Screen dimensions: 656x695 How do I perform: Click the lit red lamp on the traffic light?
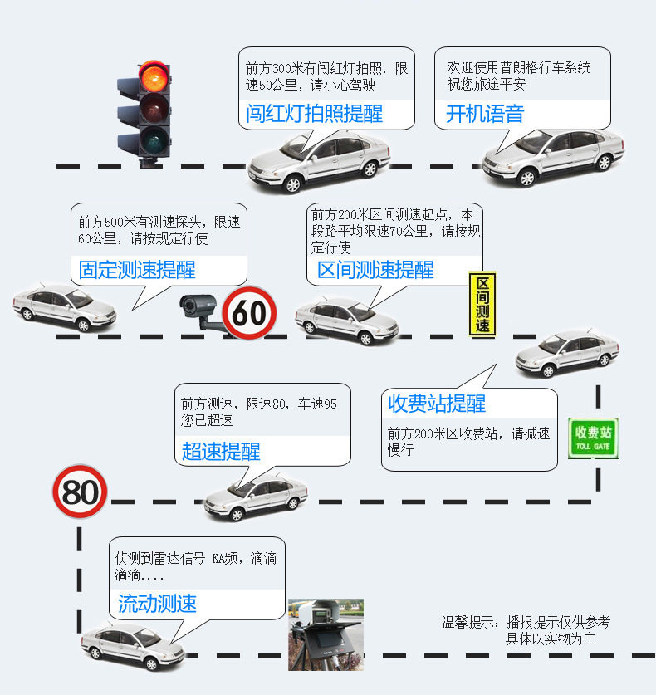(x=154, y=76)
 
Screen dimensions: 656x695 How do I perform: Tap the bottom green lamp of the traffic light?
(x=154, y=140)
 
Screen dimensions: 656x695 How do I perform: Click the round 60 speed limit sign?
(x=250, y=313)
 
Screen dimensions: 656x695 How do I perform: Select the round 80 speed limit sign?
(x=81, y=492)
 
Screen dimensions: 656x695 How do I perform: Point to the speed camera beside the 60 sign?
(x=202, y=311)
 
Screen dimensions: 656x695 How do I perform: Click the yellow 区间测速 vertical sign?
(x=482, y=305)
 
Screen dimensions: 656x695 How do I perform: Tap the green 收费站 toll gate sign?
(x=594, y=438)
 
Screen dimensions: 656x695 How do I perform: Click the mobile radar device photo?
(x=326, y=634)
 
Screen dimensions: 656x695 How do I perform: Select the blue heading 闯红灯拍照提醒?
(x=314, y=114)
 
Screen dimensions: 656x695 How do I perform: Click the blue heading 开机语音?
(x=485, y=114)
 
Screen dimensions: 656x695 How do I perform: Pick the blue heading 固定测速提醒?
(x=137, y=270)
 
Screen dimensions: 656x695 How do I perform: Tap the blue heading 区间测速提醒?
(x=376, y=270)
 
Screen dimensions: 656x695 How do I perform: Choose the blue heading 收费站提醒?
(x=437, y=404)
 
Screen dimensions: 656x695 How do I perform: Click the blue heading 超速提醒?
(x=221, y=452)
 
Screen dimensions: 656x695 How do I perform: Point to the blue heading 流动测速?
(x=157, y=604)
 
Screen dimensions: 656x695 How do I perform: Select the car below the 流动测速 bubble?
(x=133, y=646)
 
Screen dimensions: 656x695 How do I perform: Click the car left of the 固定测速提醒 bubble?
(x=65, y=306)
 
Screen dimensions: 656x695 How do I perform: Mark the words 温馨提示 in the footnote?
(x=468, y=622)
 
